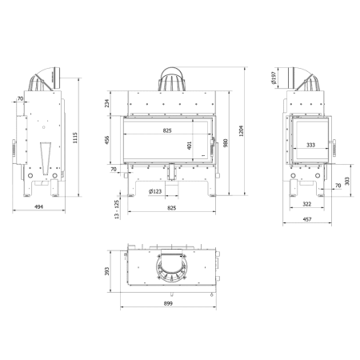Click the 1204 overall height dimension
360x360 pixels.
[241, 131]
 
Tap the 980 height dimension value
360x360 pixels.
[226, 143]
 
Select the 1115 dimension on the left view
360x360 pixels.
[75, 138]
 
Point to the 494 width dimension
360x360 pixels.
[39, 206]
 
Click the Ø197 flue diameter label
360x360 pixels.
[274, 78]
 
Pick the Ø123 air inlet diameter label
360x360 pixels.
[155, 191]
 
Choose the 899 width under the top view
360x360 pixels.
[168, 303]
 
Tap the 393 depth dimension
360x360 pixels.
[107, 271]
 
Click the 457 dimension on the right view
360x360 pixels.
[307, 219]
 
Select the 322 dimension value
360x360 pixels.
[307, 204]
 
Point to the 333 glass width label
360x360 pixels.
[310, 145]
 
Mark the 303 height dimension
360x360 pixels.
[347, 181]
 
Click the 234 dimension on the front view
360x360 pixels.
[107, 103]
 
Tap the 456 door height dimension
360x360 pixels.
[107, 140]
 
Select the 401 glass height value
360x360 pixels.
[190, 146]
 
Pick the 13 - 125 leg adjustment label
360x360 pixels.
[117, 210]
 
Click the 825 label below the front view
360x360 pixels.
[172, 208]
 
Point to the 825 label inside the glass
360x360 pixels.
[167, 130]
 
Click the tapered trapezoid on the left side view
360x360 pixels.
[46, 158]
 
